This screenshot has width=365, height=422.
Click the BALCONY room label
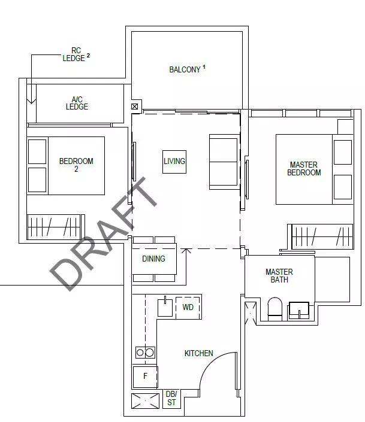coord(185,69)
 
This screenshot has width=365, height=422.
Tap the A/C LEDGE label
coord(77,103)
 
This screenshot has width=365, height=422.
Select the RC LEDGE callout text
coord(74,54)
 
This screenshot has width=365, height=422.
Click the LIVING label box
coord(174,162)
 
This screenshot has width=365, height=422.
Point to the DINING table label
coord(153,259)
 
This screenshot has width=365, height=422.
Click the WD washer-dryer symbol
coord(188,307)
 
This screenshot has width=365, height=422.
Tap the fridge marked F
coord(145,377)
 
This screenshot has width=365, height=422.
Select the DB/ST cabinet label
coord(171,398)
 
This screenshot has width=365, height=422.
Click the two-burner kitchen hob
coord(145,353)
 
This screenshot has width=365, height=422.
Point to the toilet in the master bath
coord(274,309)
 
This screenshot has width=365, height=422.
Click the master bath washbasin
coord(298,310)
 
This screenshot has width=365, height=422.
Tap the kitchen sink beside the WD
coord(165,307)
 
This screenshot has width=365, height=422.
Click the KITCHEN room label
coord(198,353)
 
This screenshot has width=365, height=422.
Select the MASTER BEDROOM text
coord(304,168)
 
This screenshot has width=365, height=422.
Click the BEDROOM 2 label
coord(76,165)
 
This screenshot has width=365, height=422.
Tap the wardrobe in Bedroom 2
coord(56,227)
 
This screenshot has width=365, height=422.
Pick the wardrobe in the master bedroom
coord(322,236)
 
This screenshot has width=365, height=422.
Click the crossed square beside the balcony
coord(134,107)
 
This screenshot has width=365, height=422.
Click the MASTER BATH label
coord(279,276)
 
